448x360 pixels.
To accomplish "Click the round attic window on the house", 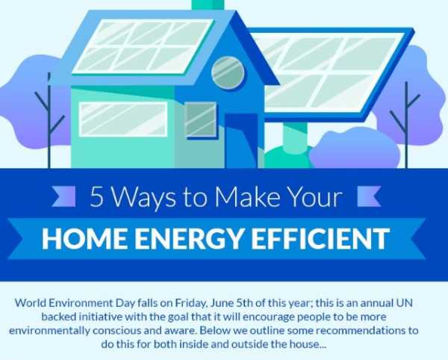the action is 228,72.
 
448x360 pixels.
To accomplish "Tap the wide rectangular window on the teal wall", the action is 123,119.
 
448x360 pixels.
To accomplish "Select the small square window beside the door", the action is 200,120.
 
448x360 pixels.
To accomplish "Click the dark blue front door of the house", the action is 241,140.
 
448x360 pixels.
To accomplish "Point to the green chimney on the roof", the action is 208,5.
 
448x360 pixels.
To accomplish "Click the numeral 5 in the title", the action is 96,197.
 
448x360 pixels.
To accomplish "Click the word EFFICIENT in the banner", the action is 320,238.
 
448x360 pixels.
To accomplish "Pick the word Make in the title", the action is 247,196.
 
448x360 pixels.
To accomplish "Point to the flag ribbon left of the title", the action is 63,196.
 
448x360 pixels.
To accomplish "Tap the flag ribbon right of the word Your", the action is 369,196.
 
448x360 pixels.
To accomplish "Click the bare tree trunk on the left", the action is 49,120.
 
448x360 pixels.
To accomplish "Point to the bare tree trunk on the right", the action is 405,125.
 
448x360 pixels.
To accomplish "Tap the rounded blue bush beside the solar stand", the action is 355,148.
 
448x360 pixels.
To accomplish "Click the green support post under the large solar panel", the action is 295,137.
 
